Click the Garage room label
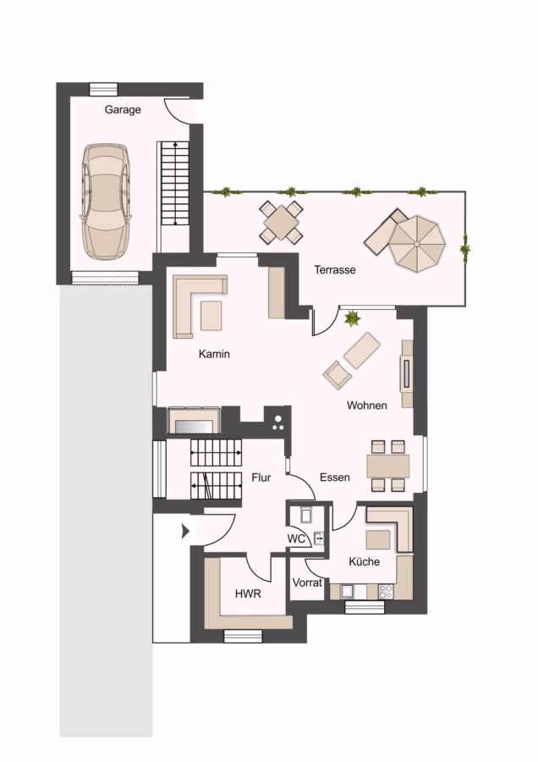coord(123,110)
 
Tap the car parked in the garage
coord(106,202)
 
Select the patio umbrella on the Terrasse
coord(417,243)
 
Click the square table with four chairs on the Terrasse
coord(282,222)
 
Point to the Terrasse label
coord(334,270)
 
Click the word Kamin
coord(214,354)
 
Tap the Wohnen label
coord(366,406)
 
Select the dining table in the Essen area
coord(388,467)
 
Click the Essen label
coord(334,478)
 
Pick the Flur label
coord(261,478)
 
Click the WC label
coord(296,538)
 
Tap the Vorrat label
coord(307,583)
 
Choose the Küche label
coord(365,561)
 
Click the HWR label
coord(248,594)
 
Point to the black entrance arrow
coord(185,532)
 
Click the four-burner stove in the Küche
coord(386,592)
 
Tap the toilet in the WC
coord(305,514)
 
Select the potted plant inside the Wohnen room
coord(352,319)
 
